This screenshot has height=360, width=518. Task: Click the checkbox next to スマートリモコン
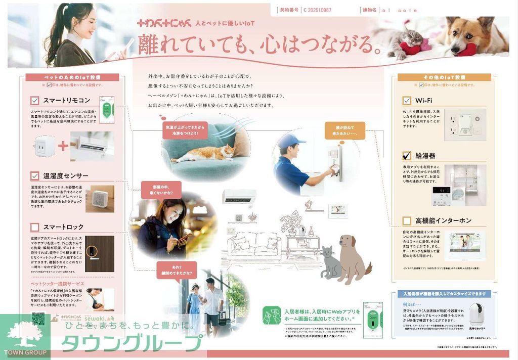pyautogui.click(x=35, y=100)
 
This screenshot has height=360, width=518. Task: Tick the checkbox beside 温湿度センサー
pyautogui.click(x=35, y=176)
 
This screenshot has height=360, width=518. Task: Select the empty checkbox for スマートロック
pyautogui.click(x=35, y=227)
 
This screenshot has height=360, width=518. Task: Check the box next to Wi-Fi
pyautogui.click(x=407, y=101)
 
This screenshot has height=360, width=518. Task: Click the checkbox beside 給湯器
pyautogui.click(x=407, y=155)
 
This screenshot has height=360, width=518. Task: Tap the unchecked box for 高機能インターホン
pyautogui.click(x=407, y=220)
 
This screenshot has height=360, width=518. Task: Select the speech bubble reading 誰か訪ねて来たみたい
pyautogui.click(x=345, y=131)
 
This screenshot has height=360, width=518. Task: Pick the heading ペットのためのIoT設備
pyautogui.click(x=72, y=77)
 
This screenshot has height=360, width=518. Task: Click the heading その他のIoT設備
pyautogui.click(x=444, y=77)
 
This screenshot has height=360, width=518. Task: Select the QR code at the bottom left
pyautogui.click(x=38, y=319)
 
